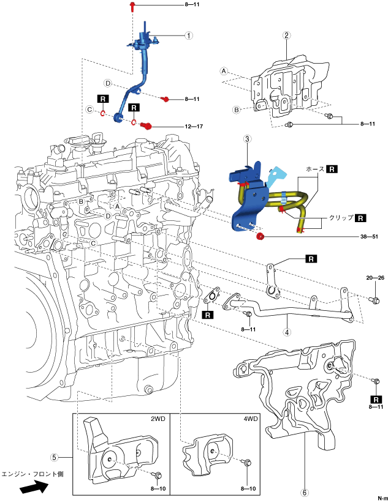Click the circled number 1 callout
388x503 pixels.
[189, 35]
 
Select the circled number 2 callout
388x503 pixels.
[287, 35]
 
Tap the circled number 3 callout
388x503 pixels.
[247, 139]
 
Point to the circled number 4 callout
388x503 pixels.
[287, 332]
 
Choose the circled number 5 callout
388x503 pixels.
[55, 457]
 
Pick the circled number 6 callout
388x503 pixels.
[304, 492]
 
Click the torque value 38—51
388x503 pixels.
[369, 237]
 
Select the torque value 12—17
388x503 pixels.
[194, 127]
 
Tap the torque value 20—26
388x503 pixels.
[375, 278]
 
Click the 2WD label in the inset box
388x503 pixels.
[158, 419]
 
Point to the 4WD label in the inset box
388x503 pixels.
[251, 419]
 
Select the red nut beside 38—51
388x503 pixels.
[260, 237]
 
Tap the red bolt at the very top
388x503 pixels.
[132, 6]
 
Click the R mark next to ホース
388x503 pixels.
[332, 169]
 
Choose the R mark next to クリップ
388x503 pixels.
[360, 218]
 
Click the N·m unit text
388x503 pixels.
[382, 498]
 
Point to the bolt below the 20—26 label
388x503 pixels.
[376, 300]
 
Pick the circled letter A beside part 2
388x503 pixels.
[224, 71]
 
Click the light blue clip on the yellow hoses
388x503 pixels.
[283, 198]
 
